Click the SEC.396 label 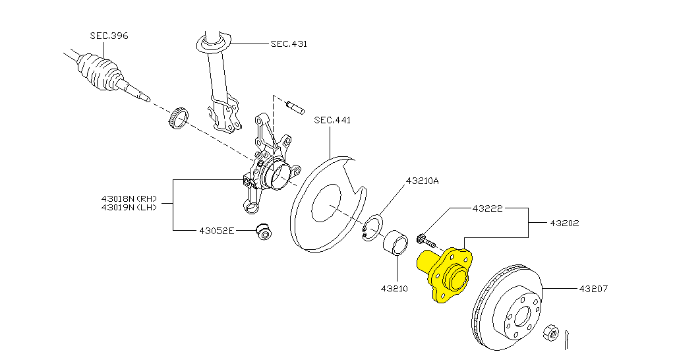click(109, 36)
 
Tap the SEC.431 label click(289, 44)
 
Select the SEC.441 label click(332, 120)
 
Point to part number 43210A click(422, 181)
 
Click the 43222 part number click(487, 208)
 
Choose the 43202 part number click(564, 223)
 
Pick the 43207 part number click(593, 289)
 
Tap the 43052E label click(216, 231)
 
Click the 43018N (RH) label click(129, 199)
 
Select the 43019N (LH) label click(129, 207)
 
